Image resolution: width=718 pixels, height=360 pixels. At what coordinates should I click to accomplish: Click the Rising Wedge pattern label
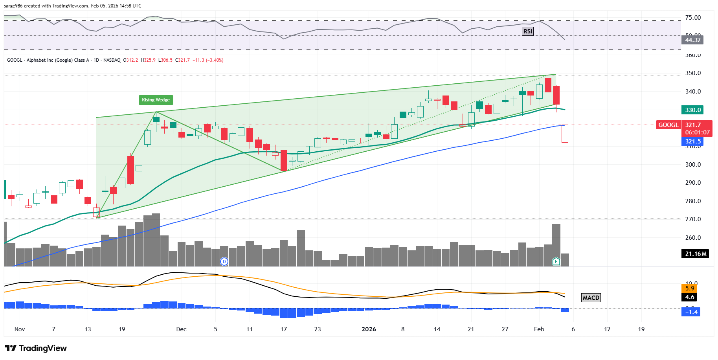tap(156, 100)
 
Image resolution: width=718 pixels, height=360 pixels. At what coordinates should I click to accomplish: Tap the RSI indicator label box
tap(527, 31)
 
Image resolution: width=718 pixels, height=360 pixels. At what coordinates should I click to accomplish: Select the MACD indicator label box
tap(591, 298)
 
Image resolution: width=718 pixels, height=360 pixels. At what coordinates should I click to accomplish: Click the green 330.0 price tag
tap(692, 110)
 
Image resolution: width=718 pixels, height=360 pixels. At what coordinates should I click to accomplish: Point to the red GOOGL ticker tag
tap(668, 125)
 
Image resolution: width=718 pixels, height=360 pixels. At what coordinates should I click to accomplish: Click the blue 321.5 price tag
tap(692, 141)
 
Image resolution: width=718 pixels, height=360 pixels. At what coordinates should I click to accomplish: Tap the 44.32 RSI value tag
tap(692, 40)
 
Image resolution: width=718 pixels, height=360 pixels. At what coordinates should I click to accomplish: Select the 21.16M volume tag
tap(695, 254)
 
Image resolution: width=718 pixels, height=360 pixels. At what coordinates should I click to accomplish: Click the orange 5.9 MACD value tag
tap(689, 288)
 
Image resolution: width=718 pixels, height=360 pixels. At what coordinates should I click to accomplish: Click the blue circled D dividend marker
tap(224, 261)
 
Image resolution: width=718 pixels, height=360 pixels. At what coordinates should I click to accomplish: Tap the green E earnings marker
tap(556, 261)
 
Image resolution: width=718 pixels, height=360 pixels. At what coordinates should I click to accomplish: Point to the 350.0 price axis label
tap(693, 73)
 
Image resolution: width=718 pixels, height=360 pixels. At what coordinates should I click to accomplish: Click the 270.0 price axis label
tap(693, 219)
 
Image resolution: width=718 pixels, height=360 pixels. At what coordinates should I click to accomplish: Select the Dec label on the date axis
tap(181, 329)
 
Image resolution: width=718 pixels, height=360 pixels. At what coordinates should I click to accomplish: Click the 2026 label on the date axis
tap(369, 329)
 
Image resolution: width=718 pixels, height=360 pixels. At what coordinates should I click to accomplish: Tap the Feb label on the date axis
tap(539, 329)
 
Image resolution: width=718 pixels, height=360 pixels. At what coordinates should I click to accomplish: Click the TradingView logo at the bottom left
tap(36, 348)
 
